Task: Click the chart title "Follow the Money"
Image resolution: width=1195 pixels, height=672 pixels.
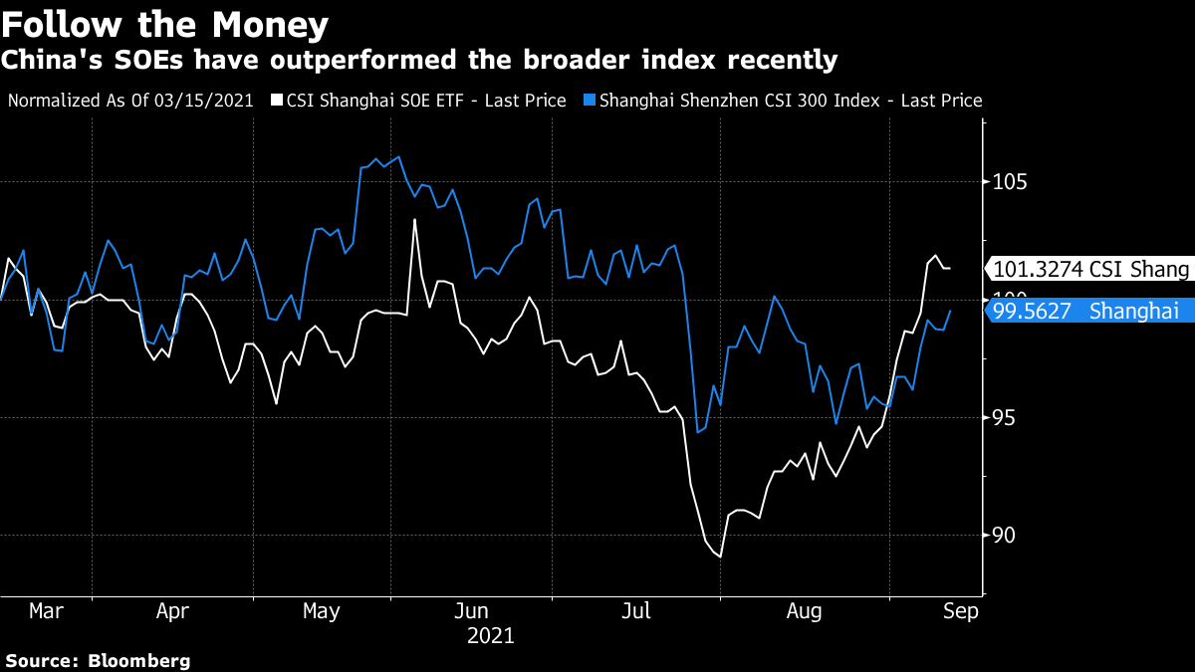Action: pos(164,22)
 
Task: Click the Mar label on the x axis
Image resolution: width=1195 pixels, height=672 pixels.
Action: pos(46,611)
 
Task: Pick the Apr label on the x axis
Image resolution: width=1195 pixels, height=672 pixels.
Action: pos(173,611)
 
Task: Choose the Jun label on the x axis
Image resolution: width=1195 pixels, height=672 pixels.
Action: pos(471,611)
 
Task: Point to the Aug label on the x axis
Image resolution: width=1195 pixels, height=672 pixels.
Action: pos(805,611)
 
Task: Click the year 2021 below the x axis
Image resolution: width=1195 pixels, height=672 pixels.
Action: pos(490,635)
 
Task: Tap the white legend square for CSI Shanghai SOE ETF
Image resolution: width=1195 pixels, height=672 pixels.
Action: pos(278,101)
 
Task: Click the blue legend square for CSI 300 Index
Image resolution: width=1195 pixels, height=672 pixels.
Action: pos(589,101)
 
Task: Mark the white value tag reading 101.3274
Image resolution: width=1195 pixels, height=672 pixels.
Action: pos(1088,269)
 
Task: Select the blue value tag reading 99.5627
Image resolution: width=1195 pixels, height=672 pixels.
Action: pos(1088,311)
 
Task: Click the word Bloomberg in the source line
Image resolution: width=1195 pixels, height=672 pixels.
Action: pos(138,660)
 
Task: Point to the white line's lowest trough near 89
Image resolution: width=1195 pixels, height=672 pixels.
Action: pos(719,556)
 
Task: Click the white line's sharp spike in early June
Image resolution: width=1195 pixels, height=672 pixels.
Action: pos(414,220)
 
